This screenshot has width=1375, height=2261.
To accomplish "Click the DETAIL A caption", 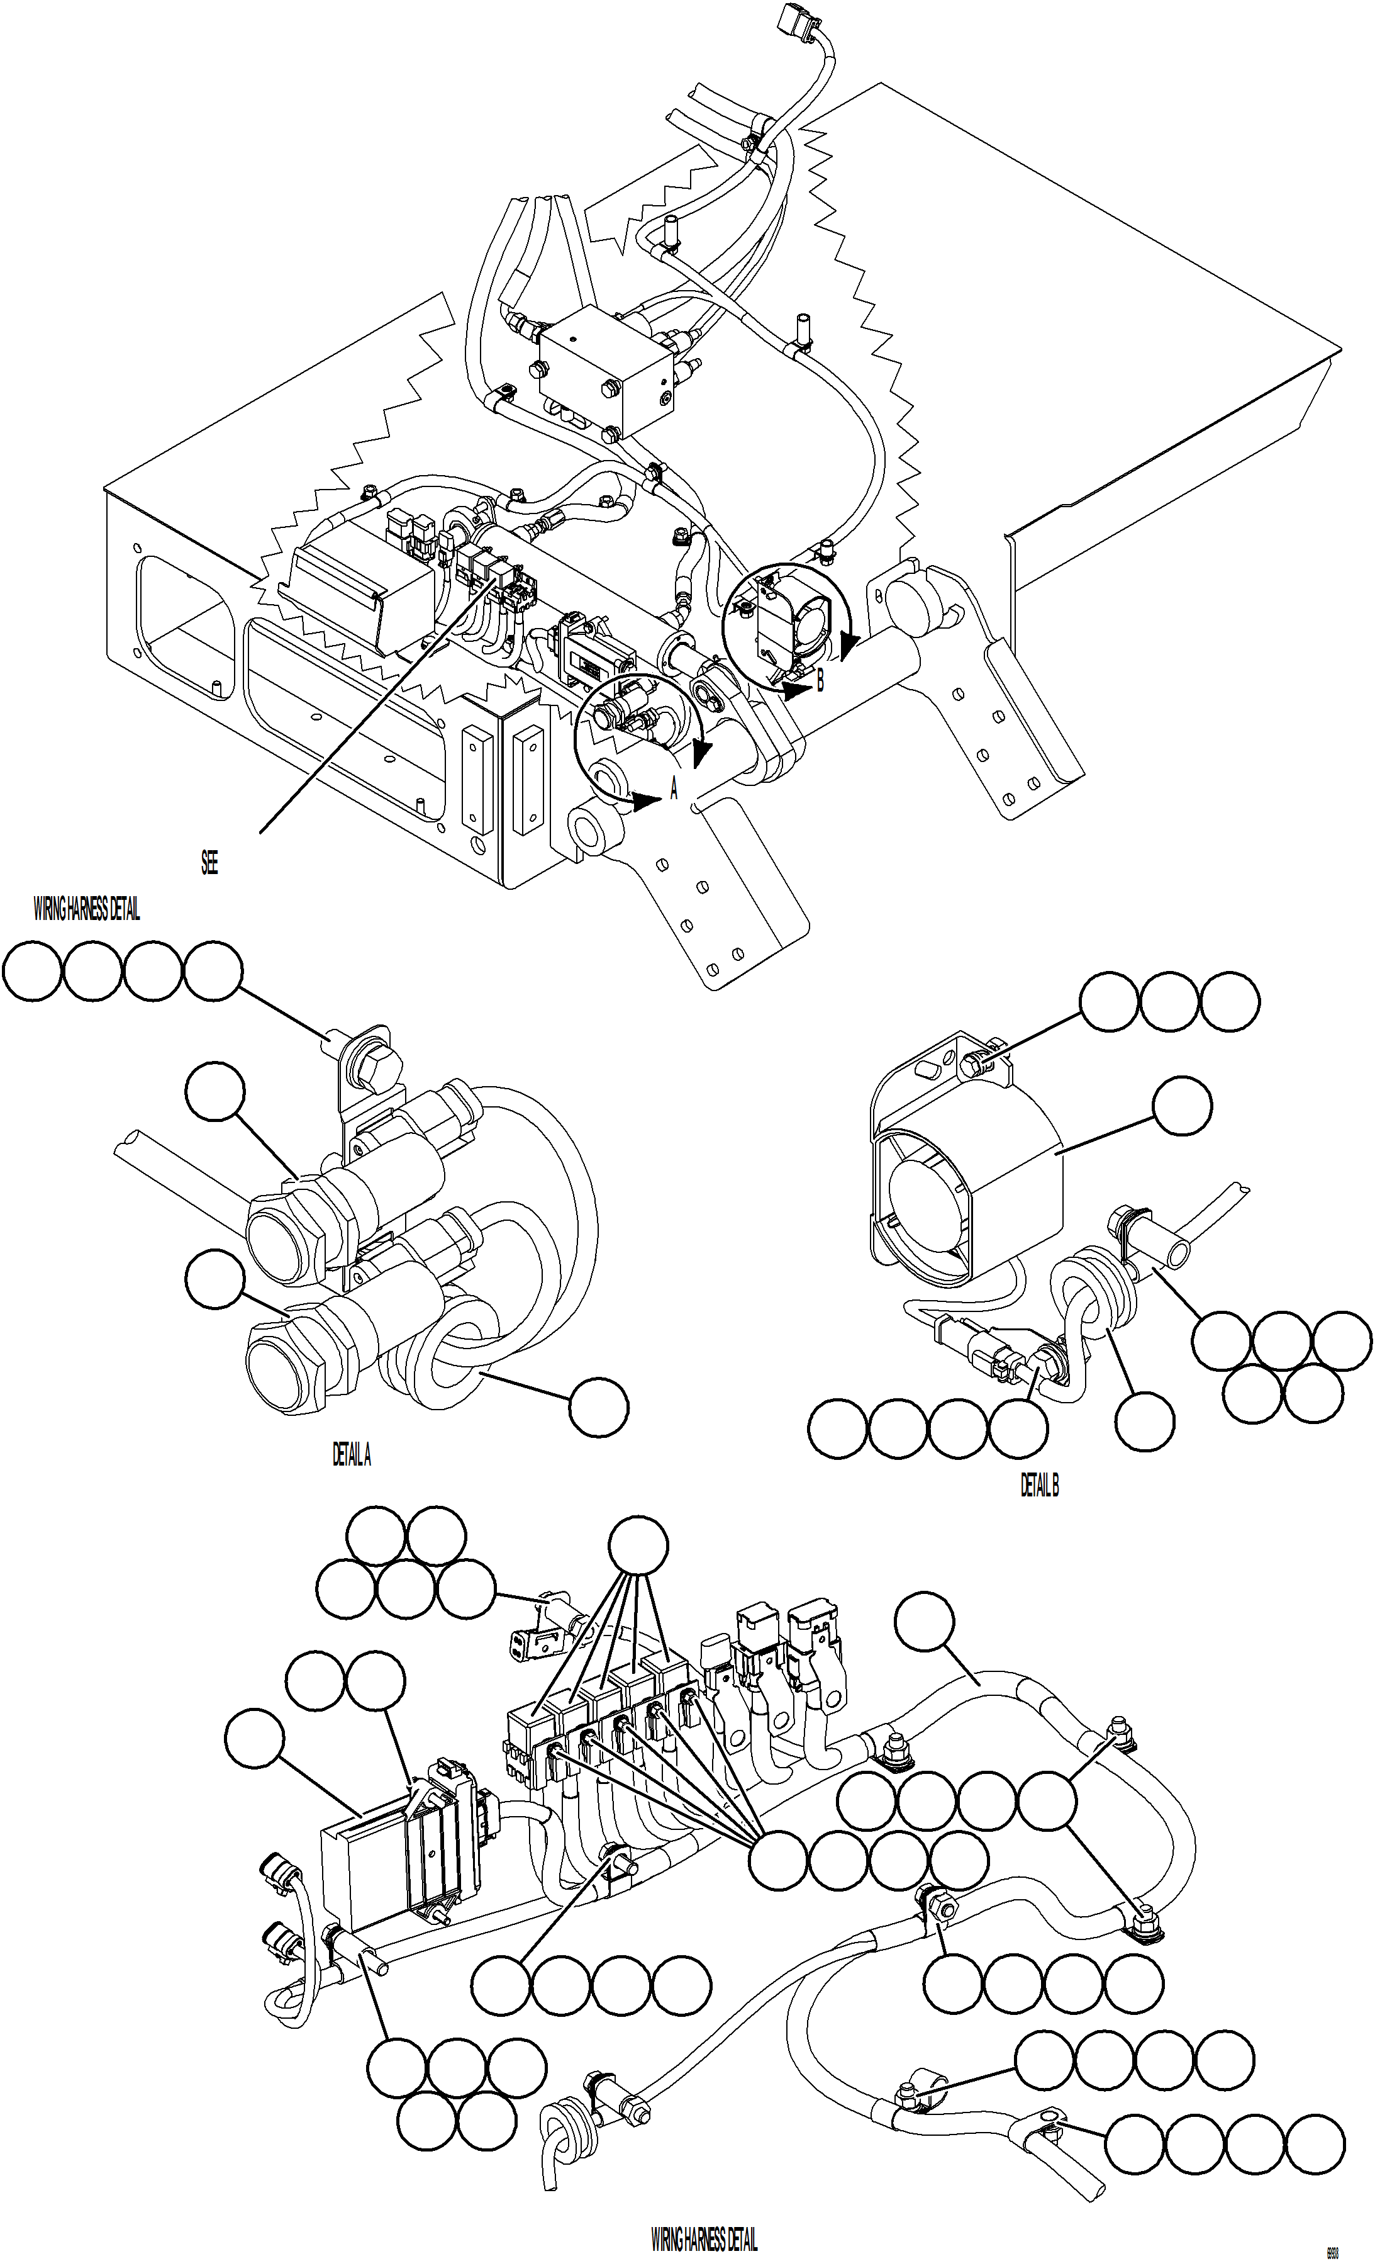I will (x=352, y=1454).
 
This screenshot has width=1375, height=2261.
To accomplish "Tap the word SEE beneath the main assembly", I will (x=209, y=863).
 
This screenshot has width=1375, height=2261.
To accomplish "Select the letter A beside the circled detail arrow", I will (x=674, y=788).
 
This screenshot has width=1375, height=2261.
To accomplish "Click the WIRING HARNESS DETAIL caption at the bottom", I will (x=704, y=2240).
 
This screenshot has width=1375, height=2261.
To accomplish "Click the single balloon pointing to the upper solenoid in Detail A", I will (x=214, y=1092).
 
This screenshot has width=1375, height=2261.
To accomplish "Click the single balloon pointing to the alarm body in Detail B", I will (x=1181, y=1106).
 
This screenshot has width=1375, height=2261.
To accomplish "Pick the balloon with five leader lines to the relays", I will (x=639, y=1546).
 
